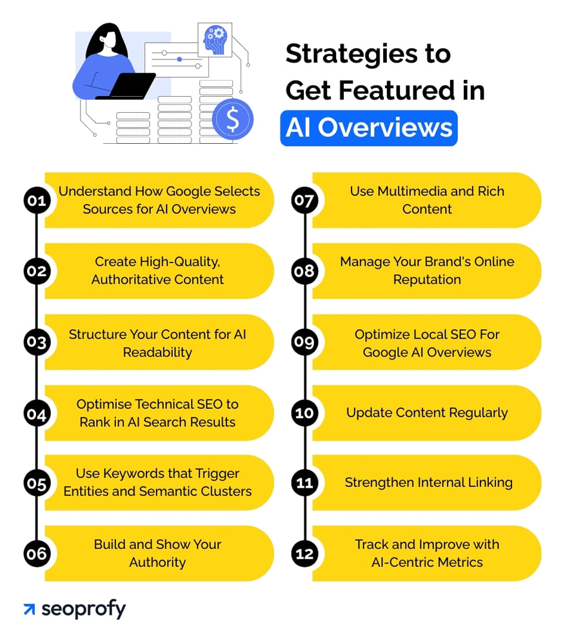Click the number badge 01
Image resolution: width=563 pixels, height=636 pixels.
pos(37,201)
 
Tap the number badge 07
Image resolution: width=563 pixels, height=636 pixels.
pos(303,201)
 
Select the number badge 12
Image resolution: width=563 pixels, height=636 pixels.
pos(303,553)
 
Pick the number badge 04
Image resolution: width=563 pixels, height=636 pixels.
pos(37,413)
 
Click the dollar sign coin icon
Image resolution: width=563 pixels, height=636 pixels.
pos(233,119)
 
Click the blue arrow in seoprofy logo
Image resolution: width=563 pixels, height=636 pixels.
pos(29,610)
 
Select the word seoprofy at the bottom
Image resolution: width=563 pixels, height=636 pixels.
pos(84,610)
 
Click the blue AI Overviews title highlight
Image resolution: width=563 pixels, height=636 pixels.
pos(368,128)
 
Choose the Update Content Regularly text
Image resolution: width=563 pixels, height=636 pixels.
pos(427,413)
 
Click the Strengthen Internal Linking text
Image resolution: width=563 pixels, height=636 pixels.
pos(428,482)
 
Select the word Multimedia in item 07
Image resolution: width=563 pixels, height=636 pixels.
pos(407,192)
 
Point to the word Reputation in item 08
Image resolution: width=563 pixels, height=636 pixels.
pos(427,279)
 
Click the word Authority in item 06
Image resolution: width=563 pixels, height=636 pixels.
pos(157,562)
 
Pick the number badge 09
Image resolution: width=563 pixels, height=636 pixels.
pos(303,343)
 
